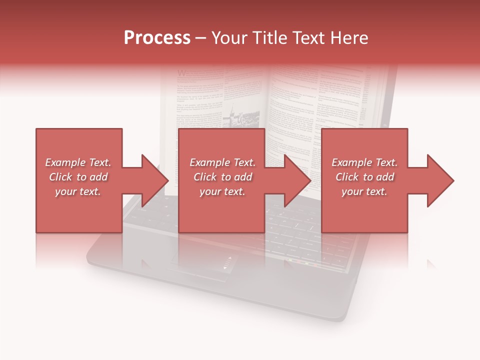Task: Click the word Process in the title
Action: tap(157, 38)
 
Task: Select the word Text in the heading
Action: tap(309, 38)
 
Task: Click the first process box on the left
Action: tap(78, 210)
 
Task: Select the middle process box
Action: tap(221, 210)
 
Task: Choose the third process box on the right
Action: tap(364, 210)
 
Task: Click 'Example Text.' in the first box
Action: tap(78, 162)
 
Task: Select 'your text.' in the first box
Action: tap(78, 191)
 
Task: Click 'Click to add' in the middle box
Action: tap(222, 177)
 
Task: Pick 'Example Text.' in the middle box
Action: tap(222, 162)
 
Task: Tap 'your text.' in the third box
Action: tap(364, 191)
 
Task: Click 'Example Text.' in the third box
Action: tap(364, 162)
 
